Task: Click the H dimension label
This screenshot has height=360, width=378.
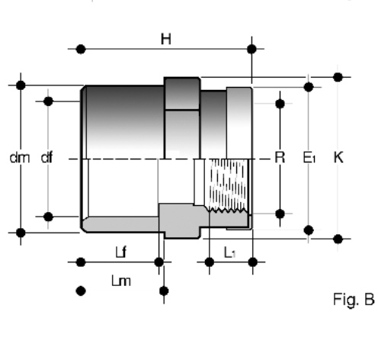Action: click(166, 40)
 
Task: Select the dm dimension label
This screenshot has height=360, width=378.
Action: click(20, 158)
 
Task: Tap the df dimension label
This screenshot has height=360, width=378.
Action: click(47, 157)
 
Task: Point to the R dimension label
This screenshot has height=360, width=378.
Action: click(280, 157)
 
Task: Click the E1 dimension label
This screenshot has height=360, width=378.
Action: click(309, 157)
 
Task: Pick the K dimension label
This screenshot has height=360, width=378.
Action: click(338, 157)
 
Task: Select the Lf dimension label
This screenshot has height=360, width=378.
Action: click(120, 252)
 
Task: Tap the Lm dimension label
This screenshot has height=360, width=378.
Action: click(121, 281)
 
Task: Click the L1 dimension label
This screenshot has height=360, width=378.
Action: click(230, 252)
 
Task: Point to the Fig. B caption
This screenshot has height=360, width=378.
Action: click(354, 300)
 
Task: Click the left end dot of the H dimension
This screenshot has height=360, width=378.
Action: click(81, 49)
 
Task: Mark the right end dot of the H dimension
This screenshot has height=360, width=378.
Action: click(251, 49)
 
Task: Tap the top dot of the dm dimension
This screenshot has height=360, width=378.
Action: click(21, 85)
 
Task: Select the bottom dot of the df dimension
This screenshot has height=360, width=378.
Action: click(48, 217)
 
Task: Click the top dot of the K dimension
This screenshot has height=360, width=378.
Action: click(338, 77)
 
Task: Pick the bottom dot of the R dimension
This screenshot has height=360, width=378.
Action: click(280, 214)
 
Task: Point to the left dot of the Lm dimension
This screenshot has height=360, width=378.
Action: click(81, 291)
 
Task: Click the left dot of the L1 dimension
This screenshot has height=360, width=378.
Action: click(210, 262)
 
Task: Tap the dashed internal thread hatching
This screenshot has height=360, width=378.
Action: click(227, 185)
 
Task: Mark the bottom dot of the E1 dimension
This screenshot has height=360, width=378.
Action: click(309, 230)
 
